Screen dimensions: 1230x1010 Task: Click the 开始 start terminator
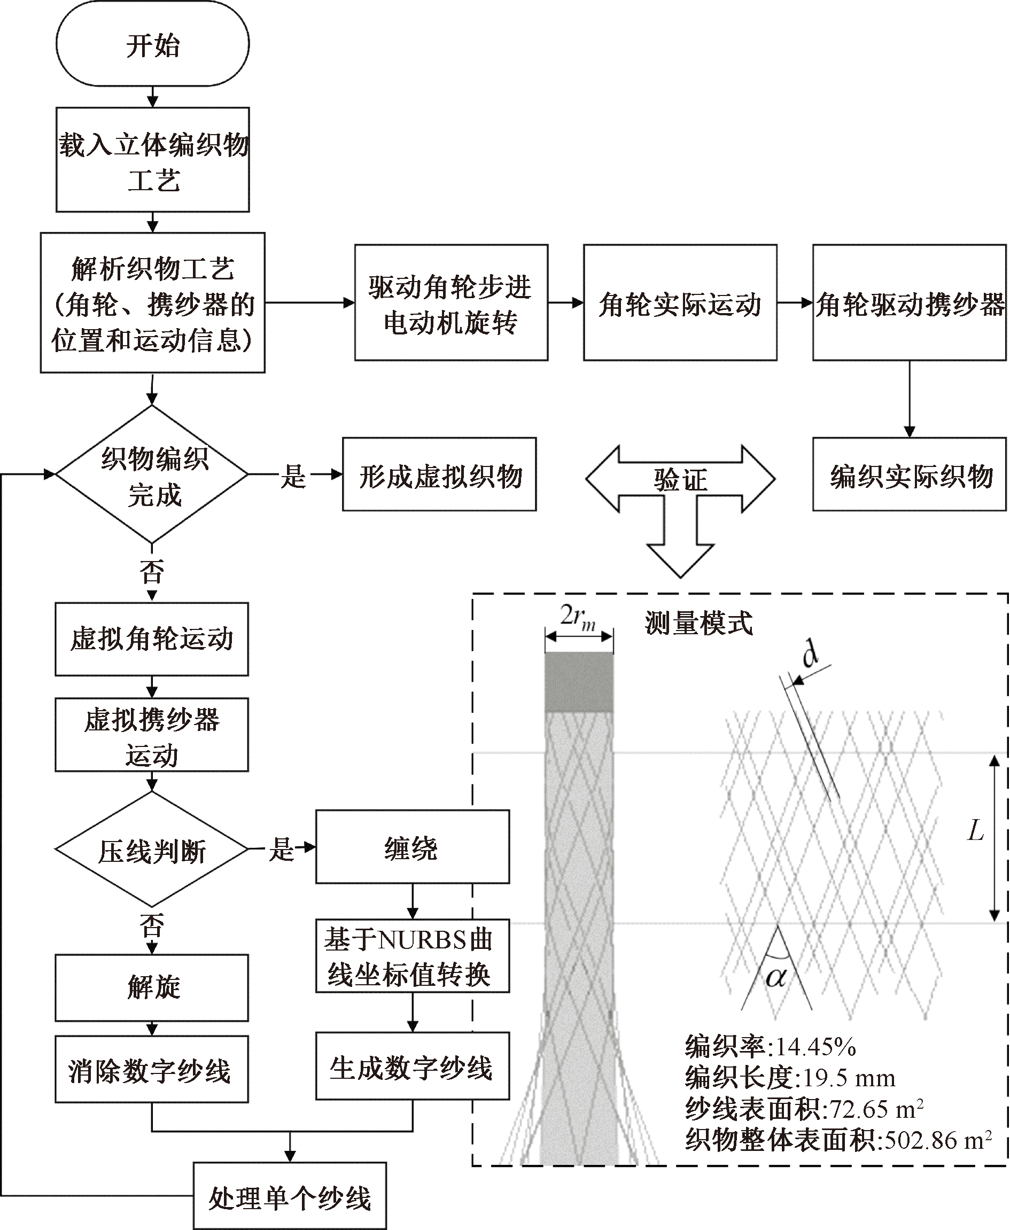coord(152,45)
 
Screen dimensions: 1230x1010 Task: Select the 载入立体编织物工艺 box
coord(152,159)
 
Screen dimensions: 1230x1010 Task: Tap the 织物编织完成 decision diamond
coord(152,474)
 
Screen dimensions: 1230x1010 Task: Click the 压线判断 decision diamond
coord(152,849)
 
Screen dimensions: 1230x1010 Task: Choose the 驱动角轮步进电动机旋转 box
coord(451,302)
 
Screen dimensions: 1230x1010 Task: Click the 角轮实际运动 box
coord(680,302)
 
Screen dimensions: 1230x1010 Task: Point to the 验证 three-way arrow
coord(680,480)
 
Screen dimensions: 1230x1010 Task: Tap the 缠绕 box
coord(413,847)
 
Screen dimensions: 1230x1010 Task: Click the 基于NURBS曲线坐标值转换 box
coord(413,956)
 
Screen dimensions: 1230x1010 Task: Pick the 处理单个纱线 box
coord(290,1196)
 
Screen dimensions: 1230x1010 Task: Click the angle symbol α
coord(775,977)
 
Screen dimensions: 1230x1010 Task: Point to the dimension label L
coord(975,830)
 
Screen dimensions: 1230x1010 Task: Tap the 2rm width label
coord(578,617)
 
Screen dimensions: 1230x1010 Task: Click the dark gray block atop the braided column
coord(579,682)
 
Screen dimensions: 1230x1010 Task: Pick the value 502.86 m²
coord(938,1140)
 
